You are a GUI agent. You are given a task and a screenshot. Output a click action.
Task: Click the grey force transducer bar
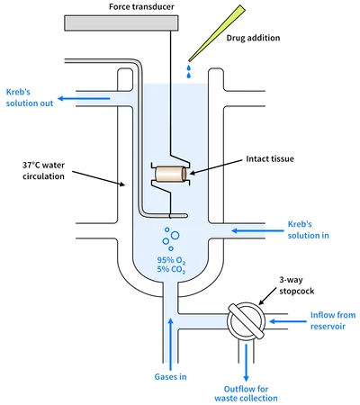(x=121, y=23)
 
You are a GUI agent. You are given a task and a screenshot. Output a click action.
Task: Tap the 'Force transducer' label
(x=141, y=6)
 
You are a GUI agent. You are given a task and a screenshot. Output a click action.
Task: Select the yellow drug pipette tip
(x=217, y=33)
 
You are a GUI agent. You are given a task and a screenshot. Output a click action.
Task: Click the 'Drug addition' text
(x=253, y=38)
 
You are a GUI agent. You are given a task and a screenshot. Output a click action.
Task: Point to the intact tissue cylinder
(x=171, y=175)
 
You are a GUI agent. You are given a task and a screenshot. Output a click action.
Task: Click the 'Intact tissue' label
(x=270, y=158)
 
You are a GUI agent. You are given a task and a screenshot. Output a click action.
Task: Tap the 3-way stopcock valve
(x=247, y=320)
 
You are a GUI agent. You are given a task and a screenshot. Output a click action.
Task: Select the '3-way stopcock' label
(x=297, y=285)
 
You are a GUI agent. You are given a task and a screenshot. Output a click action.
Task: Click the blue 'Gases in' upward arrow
(x=171, y=344)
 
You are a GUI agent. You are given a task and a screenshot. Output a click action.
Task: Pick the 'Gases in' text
(x=170, y=377)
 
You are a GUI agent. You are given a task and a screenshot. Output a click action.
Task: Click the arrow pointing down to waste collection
(x=247, y=363)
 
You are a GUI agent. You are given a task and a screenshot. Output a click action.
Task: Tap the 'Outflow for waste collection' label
(x=246, y=393)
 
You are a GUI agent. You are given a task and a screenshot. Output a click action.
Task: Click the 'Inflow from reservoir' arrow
(x=288, y=321)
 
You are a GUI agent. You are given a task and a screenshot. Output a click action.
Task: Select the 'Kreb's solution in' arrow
(x=257, y=230)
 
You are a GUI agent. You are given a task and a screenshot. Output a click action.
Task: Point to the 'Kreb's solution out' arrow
(x=84, y=98)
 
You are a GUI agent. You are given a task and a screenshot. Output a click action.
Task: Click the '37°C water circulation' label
(x=43, y=171)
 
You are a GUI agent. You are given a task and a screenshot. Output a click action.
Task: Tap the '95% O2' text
(x=171, y=260)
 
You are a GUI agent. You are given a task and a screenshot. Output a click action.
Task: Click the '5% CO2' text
(x=171, y=269)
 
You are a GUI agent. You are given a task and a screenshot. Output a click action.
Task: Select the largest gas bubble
(x=175, y=236)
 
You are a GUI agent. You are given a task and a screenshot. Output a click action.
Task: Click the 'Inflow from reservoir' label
(x=333, y=320)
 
